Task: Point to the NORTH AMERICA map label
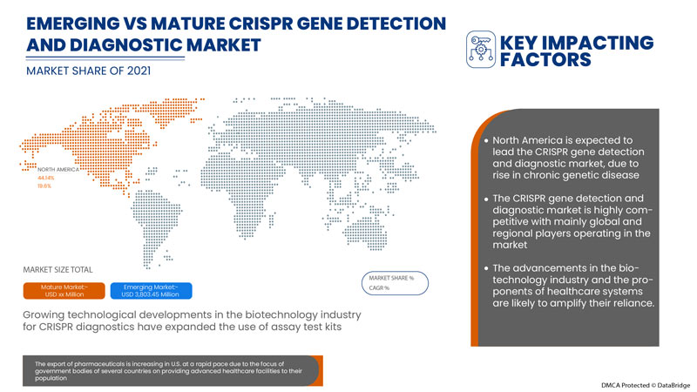(58, 169)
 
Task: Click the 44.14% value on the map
(45, 178)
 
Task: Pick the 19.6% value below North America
(44, 186)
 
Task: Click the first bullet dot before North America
(485, 140)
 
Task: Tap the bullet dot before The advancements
(485, 266)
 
